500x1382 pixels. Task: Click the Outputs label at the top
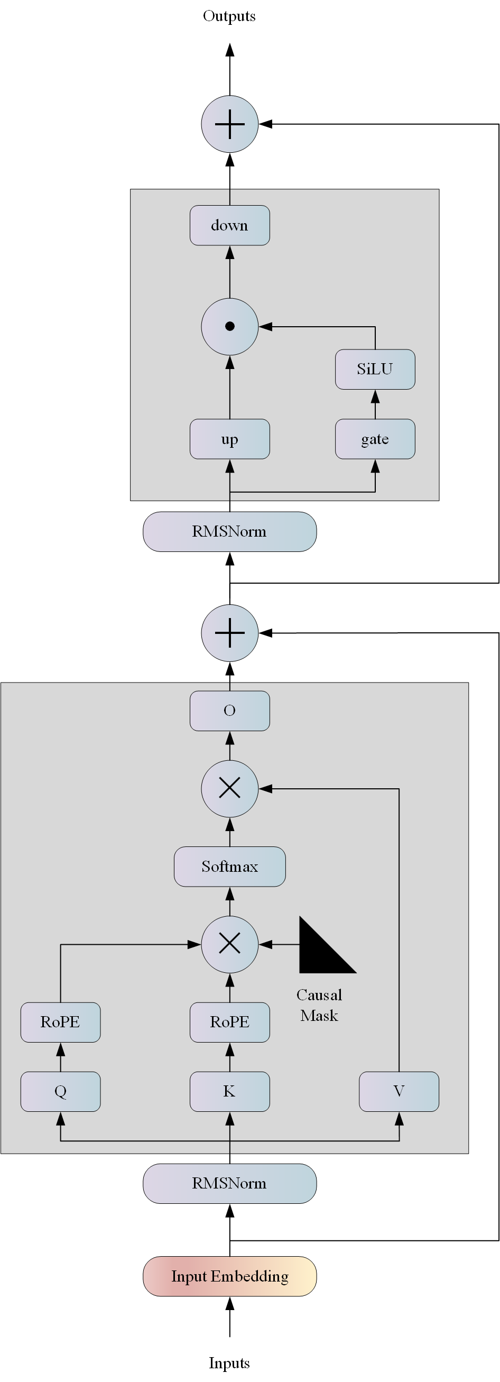(x=229, y=16)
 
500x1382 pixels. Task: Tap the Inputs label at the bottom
(x=229, y=1362)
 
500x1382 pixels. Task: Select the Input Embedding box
(x=229, y=1276)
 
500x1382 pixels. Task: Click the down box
(x=229, y=225)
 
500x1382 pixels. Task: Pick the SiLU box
(x=375, y=369)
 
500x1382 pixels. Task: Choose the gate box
(x=375, y=439)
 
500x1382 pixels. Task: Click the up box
(x=229, y=439)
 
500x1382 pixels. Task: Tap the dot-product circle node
(x=229, y=326)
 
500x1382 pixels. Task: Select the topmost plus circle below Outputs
(x=229, y=124)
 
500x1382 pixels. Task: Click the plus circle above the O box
(x=229, y=633)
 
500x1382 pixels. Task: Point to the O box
(x=229, y=711)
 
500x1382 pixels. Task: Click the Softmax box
(x=229, y=867)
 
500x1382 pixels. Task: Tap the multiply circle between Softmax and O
(x=229, y=789)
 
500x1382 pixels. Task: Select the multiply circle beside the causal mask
(x=229, y=944)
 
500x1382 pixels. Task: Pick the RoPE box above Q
(x=61, y=1022)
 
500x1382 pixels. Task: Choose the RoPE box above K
(x=229, y=1022)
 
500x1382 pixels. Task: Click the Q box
(x=61, y=1091)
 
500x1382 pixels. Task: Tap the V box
(x=399, y=1091)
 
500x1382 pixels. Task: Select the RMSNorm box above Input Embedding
(x=229, y=1183)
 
